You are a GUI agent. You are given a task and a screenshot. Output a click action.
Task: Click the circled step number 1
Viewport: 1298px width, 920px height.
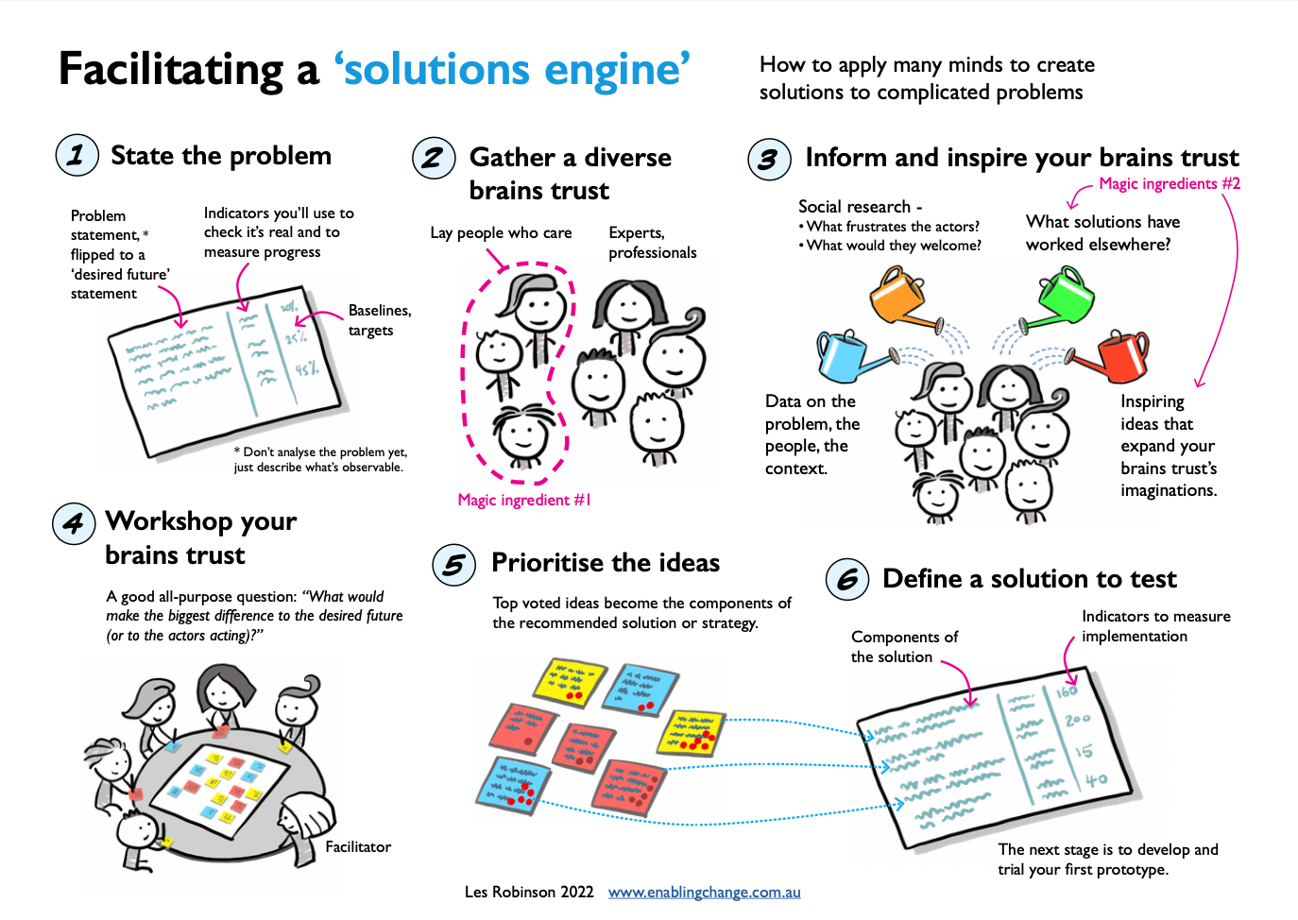pyautogui.click(x=77, y=155)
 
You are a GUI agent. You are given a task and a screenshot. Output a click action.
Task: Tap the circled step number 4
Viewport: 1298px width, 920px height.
pyautogui.click(x=74, y=522)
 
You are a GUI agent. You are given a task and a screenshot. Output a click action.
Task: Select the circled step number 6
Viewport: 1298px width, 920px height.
pyautogui.click(x=847, y=579)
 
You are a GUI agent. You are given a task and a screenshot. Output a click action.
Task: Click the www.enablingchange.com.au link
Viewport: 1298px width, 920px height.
pyautogui.click(x=704, y=892)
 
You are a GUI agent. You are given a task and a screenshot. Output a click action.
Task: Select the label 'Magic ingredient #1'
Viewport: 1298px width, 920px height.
pyautogui.click(x=524, y=500)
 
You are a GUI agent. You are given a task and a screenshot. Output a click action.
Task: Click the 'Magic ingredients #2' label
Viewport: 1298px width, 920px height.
pyautogui.click(x=1169, y=183)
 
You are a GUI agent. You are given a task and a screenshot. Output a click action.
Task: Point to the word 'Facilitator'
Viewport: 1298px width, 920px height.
pyautogui.click(x=358, y=847)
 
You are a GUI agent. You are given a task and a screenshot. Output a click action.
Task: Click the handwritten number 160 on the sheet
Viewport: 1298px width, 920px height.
pyautogui.click(x=1067, y=691)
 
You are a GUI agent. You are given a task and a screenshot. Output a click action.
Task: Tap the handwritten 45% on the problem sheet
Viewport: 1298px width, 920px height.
pyautogui.click(x=306, y=369)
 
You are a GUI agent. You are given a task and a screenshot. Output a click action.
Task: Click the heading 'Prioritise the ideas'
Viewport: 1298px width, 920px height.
pyautogui.click(x=606, y=563)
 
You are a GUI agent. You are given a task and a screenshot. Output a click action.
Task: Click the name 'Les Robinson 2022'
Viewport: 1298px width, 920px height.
pyautogui.click(x=529, y=892)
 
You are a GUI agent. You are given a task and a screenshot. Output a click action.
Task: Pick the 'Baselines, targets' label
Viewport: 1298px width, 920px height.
pyautogui.click(x=379, y=320)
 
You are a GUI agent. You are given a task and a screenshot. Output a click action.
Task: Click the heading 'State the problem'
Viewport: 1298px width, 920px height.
pyautogui.click(x=221, y=156)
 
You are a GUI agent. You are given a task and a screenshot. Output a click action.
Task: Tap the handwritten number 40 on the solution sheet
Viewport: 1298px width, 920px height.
pyautogui.click(x=1096, y=780)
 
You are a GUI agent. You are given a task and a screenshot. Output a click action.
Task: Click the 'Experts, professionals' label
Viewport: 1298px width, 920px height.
pyautogui.click(x=652, y=243)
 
